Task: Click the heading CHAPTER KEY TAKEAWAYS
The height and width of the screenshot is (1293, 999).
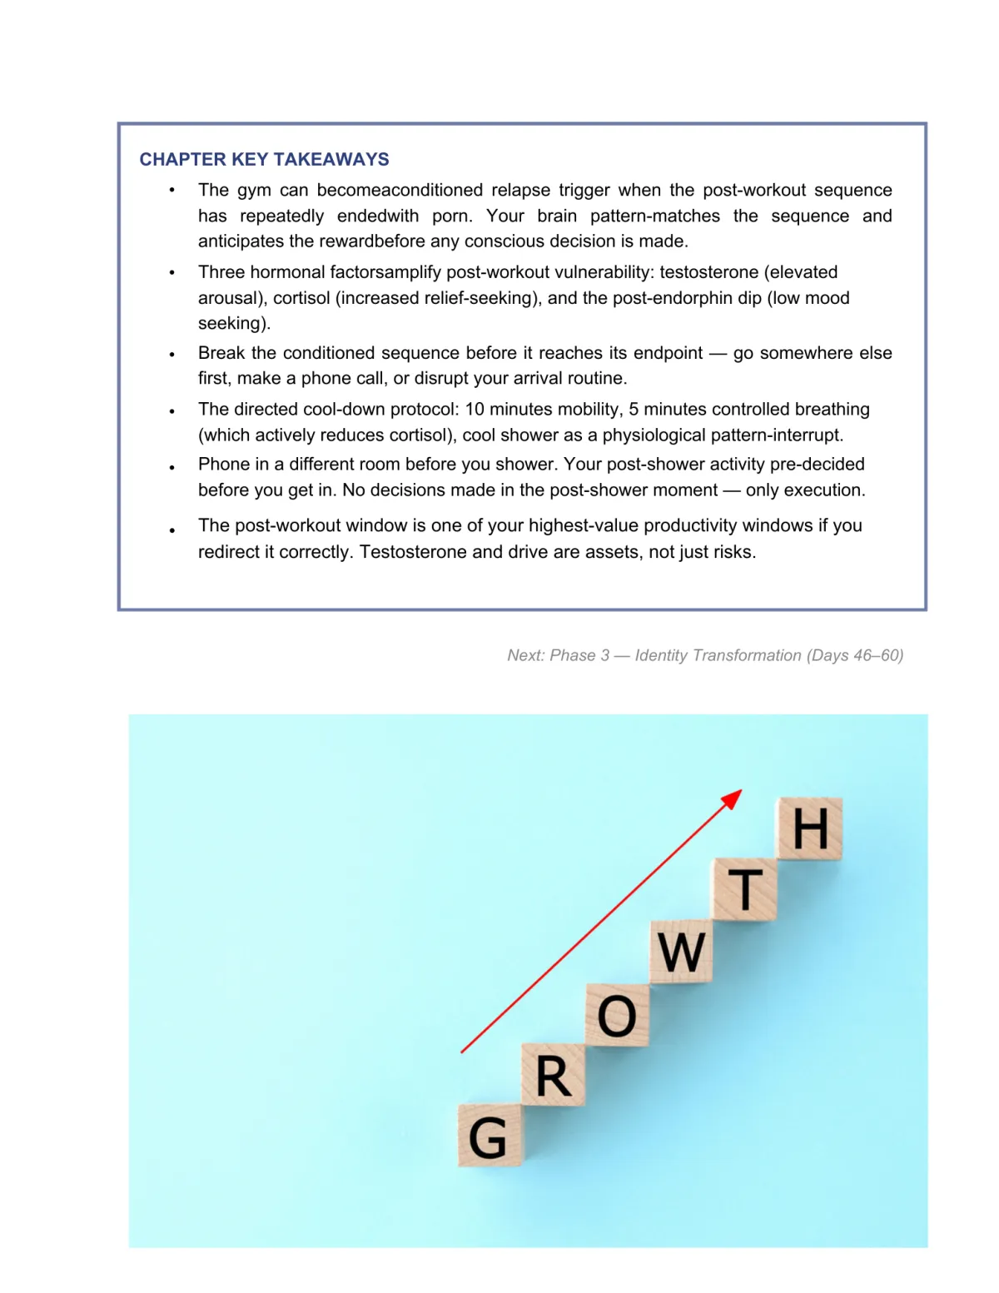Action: (x=264, y=159)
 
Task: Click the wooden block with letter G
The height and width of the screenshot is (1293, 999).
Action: (x=490, y=1136)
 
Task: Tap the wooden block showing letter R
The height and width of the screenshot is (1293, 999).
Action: (x=554, y=1076)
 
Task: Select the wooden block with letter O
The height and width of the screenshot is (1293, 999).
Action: (x=617, y=1016)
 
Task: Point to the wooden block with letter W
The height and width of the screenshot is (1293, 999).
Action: (x=681, y=952)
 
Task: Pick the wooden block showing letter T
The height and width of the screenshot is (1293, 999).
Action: (x=745, y=890)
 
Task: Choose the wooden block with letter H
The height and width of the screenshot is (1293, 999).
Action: (x=810, y=828)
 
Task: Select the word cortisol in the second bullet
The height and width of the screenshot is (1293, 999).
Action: (x=301, y=298)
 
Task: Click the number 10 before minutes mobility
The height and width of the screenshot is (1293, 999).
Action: (x=475, y=409)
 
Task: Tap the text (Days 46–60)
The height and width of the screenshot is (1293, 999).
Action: (x=854, y=655)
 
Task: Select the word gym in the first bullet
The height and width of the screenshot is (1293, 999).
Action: (x=254, y=190)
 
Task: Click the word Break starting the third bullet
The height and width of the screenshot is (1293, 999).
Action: (x=221, y=353)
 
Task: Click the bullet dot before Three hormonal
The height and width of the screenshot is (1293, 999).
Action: (x=172, y=273)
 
